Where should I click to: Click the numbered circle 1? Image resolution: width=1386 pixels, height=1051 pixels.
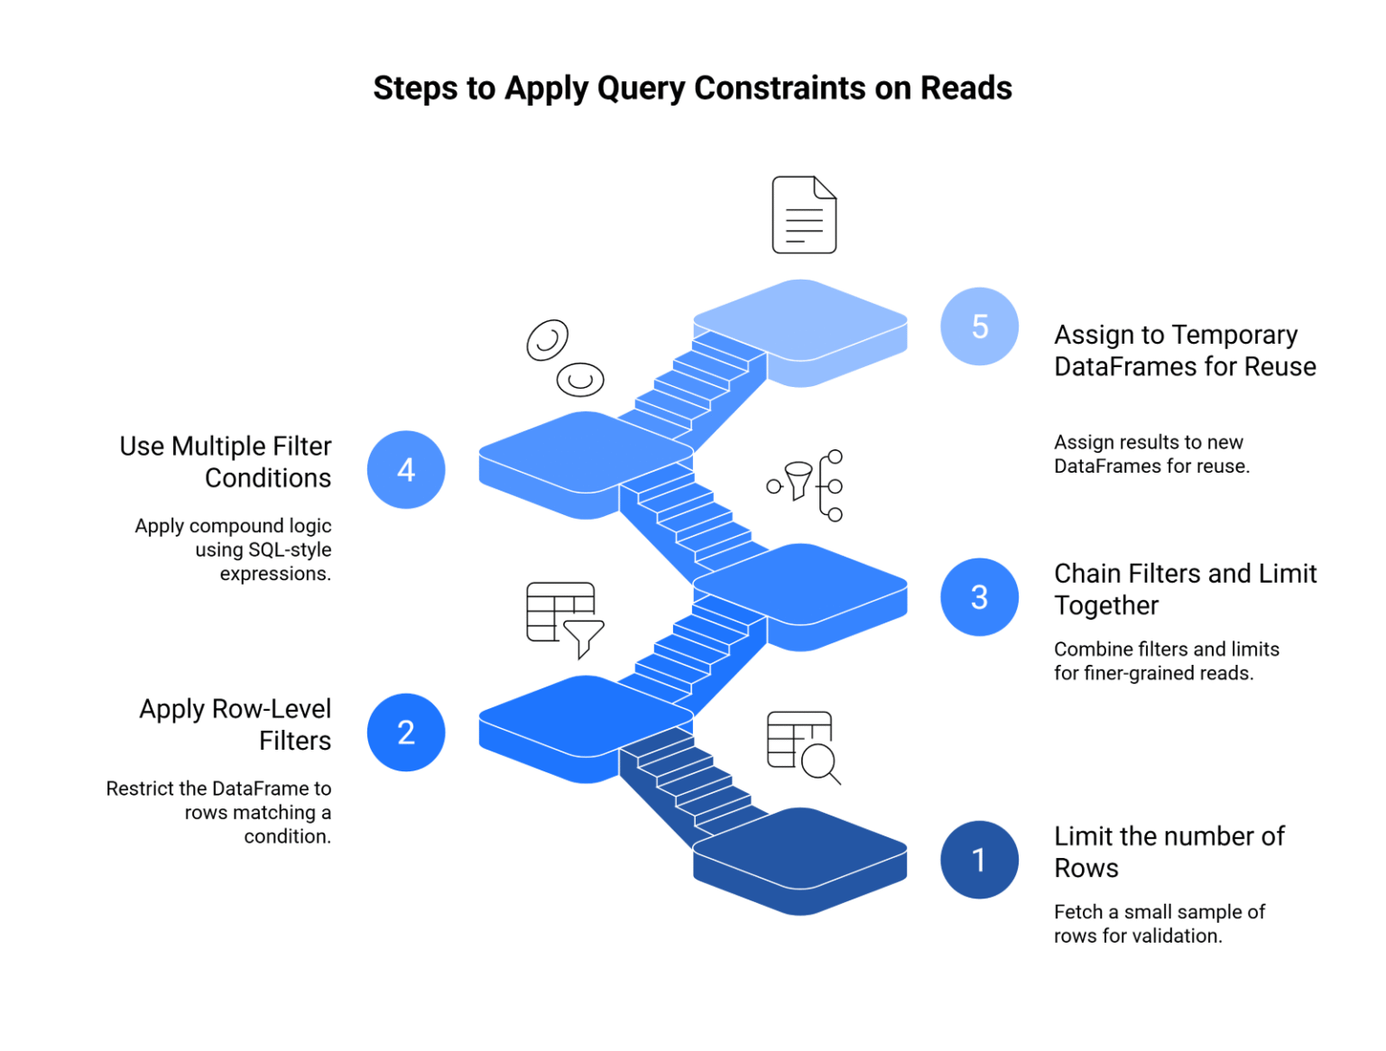click(x=979, y=860)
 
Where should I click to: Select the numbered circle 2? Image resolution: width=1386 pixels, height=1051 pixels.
click(x=406, y=732)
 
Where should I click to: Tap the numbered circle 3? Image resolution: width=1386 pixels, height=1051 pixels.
click(x=979, y=596)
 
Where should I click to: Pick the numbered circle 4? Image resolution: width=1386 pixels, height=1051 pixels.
click(x=406, y=469)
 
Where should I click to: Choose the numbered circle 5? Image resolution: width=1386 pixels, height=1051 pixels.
click(x=979, y=327)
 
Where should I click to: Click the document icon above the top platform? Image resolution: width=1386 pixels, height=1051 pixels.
click(x=804, y=215)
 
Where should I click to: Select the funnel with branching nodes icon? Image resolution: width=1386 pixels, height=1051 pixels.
click(x=806, y=484)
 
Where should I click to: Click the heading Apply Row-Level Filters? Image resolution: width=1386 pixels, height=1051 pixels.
click(x=236, y=724)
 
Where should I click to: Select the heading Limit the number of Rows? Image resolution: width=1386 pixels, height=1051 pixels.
click(x=1169, y=852)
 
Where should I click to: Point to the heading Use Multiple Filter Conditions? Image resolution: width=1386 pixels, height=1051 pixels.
click(x=226, y=462)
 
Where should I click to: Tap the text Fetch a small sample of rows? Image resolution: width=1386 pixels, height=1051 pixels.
click(x=1159, y=923)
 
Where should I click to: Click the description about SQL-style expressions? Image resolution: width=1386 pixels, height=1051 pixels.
click(x=234, y=549)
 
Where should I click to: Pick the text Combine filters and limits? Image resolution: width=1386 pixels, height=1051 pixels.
click(x=1166, y=660)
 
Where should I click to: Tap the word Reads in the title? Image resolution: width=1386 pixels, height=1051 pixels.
click(x=966, y=88)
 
